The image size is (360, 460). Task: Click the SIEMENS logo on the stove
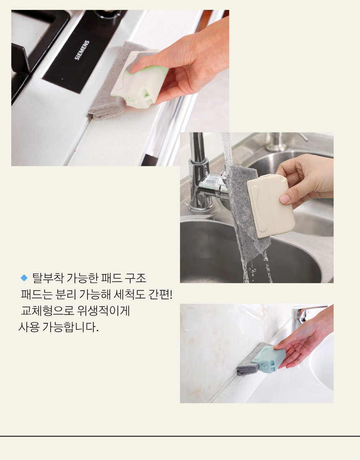pos(82,50)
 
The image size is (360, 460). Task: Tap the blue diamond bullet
pos(24,278)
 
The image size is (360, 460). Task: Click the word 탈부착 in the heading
pos(48,278)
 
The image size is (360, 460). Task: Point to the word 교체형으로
pos(48,311)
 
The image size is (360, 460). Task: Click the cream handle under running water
pos(270,206)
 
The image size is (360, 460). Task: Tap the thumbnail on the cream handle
pos(285,199)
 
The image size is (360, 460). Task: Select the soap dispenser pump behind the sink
pos(282,142)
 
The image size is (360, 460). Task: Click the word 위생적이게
pos(103,311)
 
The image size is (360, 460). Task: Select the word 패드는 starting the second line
pos(37,294)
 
